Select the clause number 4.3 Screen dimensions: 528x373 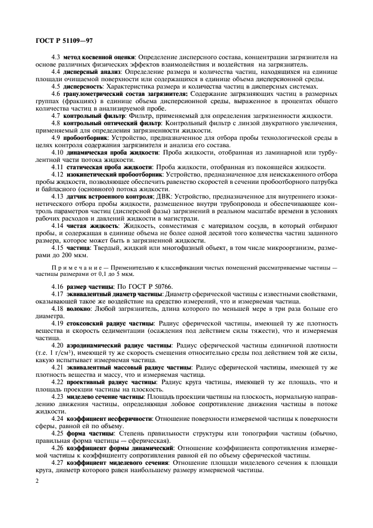click(x=56, y=58)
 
